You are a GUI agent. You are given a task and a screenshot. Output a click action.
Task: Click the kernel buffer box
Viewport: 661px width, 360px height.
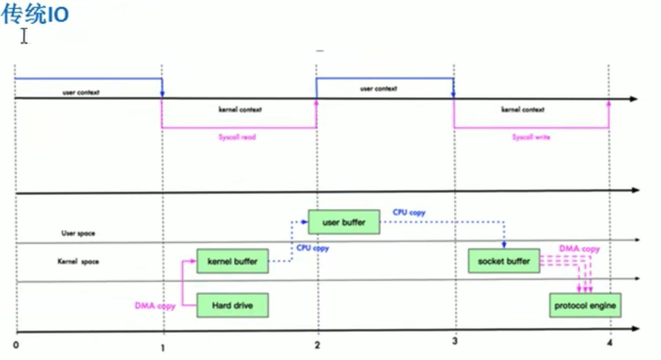232,261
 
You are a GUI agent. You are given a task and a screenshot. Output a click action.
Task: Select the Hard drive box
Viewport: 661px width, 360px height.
232,305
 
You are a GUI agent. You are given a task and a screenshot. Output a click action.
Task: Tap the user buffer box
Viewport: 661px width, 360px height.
344,222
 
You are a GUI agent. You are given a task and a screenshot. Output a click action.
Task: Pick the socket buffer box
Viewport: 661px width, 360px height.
504,261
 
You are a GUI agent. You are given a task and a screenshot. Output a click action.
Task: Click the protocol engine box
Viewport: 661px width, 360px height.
585,305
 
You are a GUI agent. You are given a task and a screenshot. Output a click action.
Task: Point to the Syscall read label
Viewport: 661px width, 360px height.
237,137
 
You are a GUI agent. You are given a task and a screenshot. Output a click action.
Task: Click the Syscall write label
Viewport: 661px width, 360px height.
531,137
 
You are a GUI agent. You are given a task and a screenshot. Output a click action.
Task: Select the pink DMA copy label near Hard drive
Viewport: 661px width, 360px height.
155,306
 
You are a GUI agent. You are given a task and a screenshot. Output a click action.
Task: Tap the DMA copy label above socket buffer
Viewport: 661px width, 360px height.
579,249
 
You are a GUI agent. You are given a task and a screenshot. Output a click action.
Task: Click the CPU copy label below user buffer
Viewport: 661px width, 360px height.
313,248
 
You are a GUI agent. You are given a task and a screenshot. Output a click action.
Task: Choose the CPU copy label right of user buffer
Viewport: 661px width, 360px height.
409,213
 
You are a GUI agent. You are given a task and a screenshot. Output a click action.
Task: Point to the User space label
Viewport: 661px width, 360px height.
78,233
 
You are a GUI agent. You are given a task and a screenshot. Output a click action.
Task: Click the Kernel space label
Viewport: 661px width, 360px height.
78,261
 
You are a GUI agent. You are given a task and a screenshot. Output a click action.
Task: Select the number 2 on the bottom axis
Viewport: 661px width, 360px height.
317,345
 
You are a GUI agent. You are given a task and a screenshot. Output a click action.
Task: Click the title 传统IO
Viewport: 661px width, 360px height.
35,15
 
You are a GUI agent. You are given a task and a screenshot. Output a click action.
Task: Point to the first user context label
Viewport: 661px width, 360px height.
81,92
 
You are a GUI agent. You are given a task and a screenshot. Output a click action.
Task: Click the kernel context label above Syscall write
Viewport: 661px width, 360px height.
523,110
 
